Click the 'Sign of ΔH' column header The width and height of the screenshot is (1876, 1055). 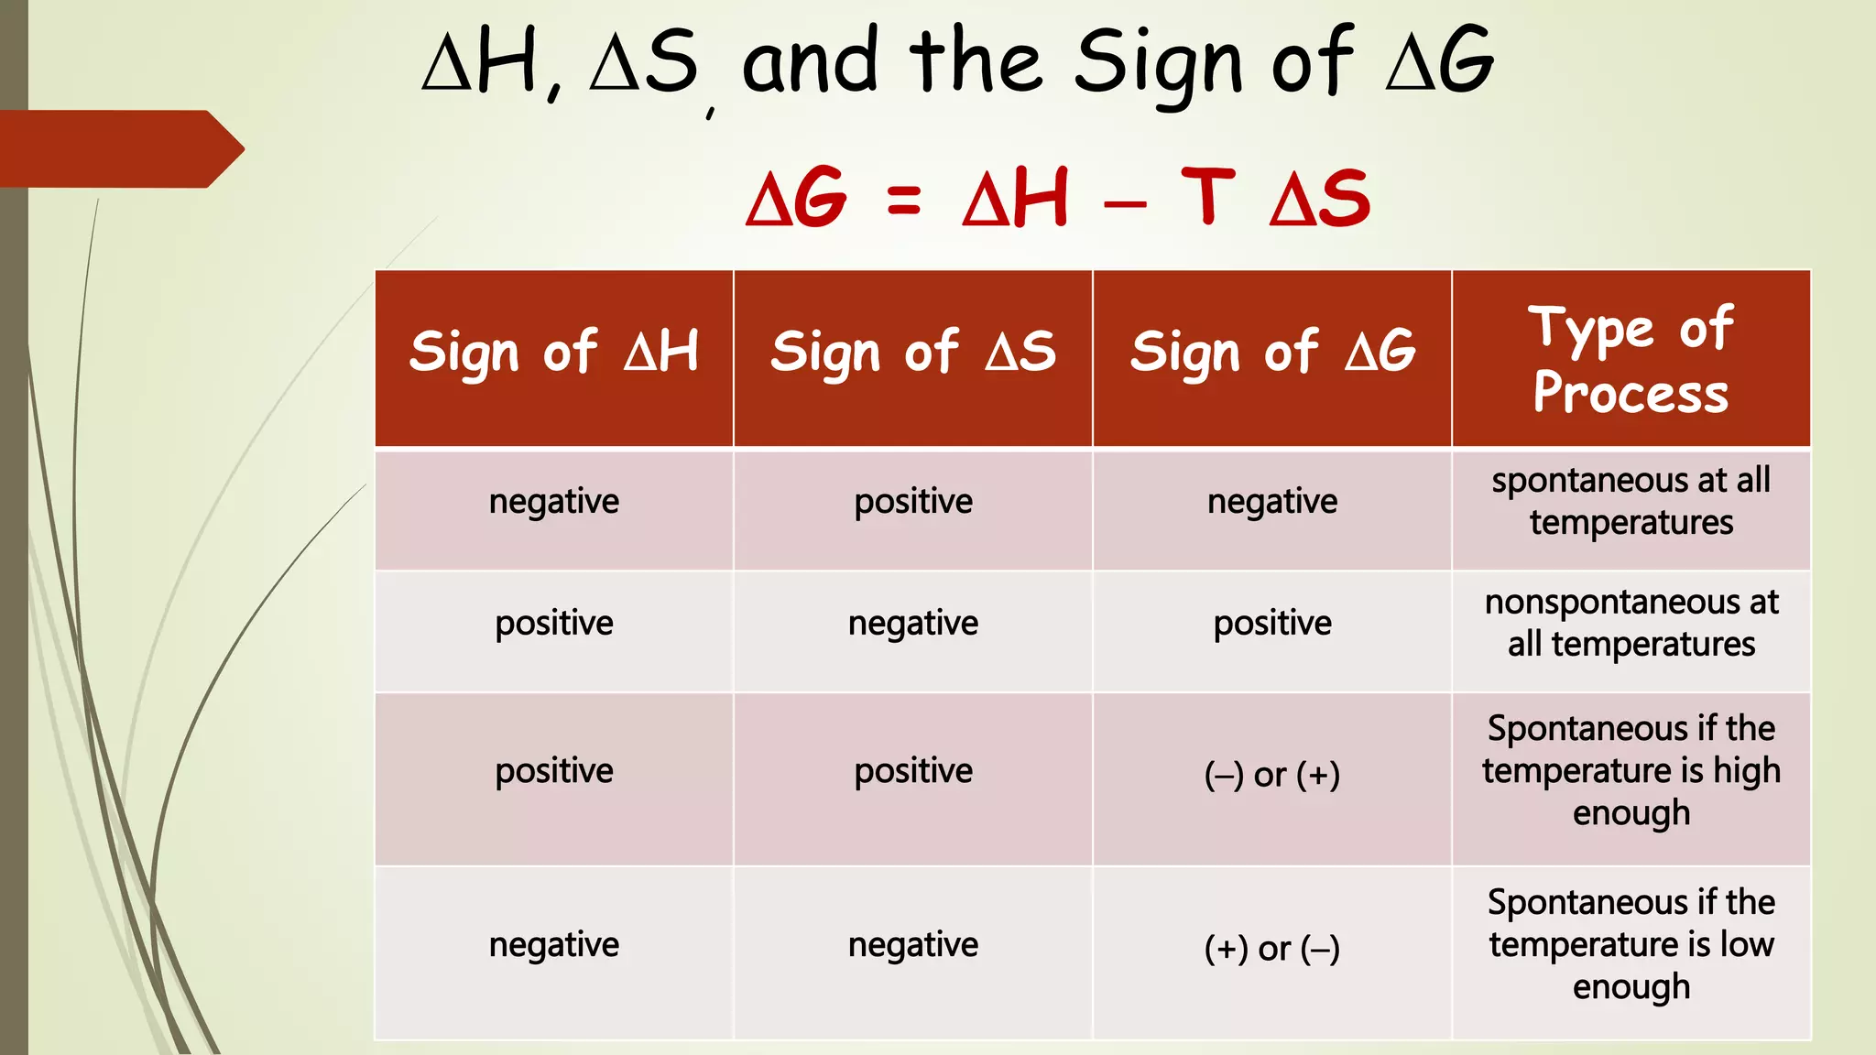point(554,353)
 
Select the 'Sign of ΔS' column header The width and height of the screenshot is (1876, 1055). point(913,353)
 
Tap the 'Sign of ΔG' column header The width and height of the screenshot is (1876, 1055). point(1272,353)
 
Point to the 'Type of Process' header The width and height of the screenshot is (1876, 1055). point(1631,359)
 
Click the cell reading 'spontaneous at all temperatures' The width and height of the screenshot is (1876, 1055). point(1631,502)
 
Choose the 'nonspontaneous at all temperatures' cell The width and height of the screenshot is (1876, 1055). point(1631,624)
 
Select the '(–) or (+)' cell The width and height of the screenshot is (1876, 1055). point(1272,775)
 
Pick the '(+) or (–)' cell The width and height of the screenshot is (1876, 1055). point(1272,949)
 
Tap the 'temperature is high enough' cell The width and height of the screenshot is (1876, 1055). point(1631,771)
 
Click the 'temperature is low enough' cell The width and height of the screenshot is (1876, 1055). point(1631,945)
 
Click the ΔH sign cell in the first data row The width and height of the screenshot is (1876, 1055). point(554,502)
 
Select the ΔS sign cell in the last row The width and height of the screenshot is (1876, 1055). point(913,945)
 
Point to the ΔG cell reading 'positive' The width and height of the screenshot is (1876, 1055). point(1272,624)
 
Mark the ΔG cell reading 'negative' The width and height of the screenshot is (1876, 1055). point(1272,502)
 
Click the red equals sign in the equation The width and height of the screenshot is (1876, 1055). point(904,200)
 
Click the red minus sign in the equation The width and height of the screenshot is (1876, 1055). point(1126,204)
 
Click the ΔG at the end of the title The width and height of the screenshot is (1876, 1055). point(1440,62)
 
